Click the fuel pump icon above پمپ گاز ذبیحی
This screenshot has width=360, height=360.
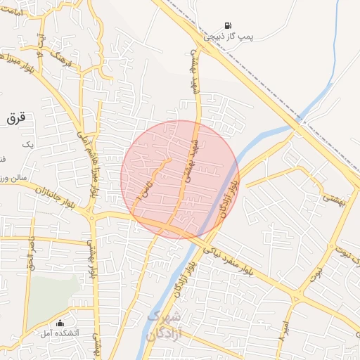226,26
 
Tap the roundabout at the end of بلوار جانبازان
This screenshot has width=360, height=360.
93,214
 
